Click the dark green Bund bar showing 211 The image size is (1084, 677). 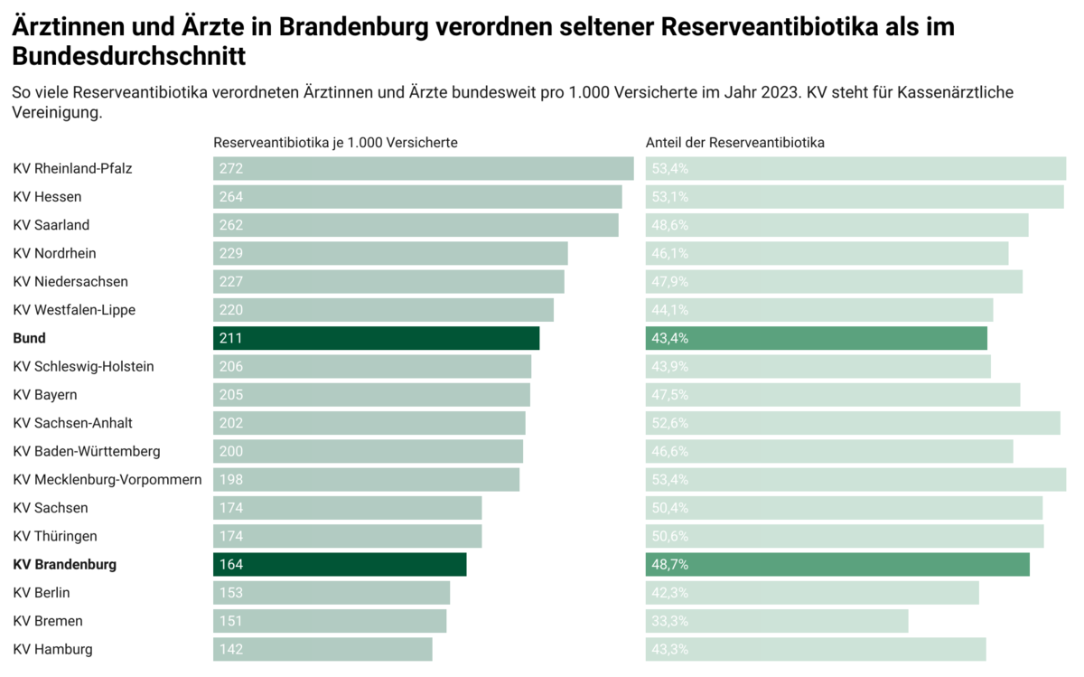[376, 338]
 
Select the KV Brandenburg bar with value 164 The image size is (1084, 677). [340, 564]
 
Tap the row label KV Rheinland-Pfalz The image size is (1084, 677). [73, 168]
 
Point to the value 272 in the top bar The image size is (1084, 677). [231, 168]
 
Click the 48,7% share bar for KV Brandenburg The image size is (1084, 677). [837, 564]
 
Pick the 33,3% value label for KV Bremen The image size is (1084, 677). [670, 621]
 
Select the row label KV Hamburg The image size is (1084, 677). [52, 649]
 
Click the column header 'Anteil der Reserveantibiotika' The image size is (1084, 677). [734, 143]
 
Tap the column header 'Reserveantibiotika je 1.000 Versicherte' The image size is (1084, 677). [335, 143]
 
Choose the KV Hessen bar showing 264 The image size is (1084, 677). [417, 197]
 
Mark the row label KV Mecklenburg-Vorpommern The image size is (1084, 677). [107, 479]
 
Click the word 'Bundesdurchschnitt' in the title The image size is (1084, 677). [129, 57]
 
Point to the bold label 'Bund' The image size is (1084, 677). [29, 338]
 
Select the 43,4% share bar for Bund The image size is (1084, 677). [817, 338]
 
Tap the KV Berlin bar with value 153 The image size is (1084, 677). [332, 593]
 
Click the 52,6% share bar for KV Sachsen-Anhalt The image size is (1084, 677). [853, 423]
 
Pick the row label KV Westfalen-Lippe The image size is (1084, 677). [74, 310]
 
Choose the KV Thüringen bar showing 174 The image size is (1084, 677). [348, 536]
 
